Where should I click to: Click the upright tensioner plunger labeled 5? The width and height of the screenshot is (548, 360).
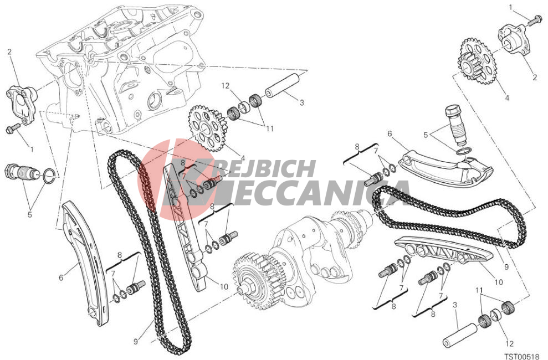[x=454, y=125]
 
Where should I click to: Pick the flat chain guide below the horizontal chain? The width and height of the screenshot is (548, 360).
[x=444, y=252]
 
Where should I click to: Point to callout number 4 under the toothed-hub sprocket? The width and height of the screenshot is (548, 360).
[x=507, y=98]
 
